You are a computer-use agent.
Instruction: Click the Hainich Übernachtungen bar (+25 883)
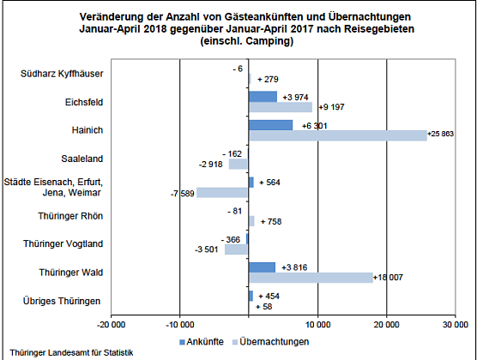point(337,135)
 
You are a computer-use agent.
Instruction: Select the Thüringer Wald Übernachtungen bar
point(311,277)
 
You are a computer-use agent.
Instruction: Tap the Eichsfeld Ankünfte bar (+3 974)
point(263,97)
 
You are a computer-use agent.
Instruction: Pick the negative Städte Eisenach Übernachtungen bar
point(222,193)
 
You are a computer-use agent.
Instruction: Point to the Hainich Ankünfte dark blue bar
point(270,125)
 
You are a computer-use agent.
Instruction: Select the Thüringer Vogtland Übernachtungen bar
point(236,249)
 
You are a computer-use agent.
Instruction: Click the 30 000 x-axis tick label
point(455,324)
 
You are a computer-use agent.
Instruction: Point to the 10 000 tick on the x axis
point(317,324)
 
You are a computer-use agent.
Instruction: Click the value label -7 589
point(181,193)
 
